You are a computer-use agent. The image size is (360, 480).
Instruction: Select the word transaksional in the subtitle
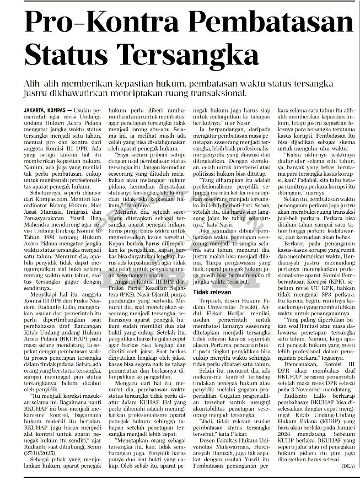coord(216,93)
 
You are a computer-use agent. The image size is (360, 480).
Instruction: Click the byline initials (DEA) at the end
coord(347,466)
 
